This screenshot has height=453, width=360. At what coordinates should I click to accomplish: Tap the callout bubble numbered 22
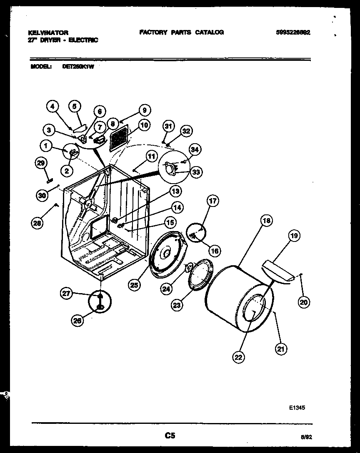239,356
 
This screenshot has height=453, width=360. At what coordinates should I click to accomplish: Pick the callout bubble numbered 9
144,110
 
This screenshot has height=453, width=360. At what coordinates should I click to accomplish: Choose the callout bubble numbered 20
304,303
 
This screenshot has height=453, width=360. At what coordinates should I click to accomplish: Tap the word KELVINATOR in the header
48,32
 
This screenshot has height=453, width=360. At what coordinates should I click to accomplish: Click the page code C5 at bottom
169,436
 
